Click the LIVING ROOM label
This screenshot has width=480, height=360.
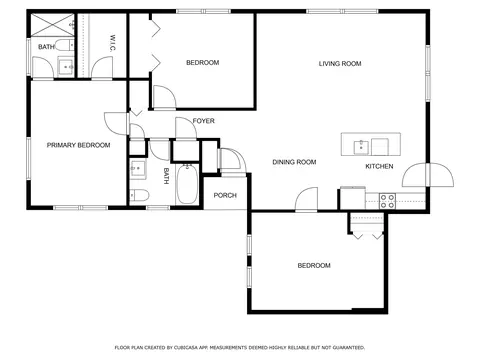tap(340, 63)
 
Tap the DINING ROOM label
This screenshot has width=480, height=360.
tap(294, 162)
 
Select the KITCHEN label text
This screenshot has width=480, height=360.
tap(379, 166)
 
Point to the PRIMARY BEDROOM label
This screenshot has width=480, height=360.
tap(78, 145)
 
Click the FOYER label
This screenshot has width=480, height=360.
tap(203, 121)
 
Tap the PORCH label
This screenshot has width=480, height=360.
tap(225, 195)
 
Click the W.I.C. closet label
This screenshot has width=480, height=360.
tap(112, 43)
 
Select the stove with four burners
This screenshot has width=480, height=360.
tap(387, 201)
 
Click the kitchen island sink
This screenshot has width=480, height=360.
tap(361, 147)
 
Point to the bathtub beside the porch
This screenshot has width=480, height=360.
tap(187, 184)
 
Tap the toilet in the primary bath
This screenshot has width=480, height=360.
tap(64, 45)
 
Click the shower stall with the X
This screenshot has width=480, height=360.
tap(53, 25)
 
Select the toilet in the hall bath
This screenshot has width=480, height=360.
tap(139, 195)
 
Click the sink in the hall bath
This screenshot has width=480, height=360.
tap(138, 169)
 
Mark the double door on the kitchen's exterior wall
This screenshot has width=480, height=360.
tap(428, 175)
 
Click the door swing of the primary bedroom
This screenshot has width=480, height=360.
tap(116, 124)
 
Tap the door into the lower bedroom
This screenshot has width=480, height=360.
tap(306, 199)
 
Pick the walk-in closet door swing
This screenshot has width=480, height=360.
tap(102, 67)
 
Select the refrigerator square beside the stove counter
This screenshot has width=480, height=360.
tap(352, 199)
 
